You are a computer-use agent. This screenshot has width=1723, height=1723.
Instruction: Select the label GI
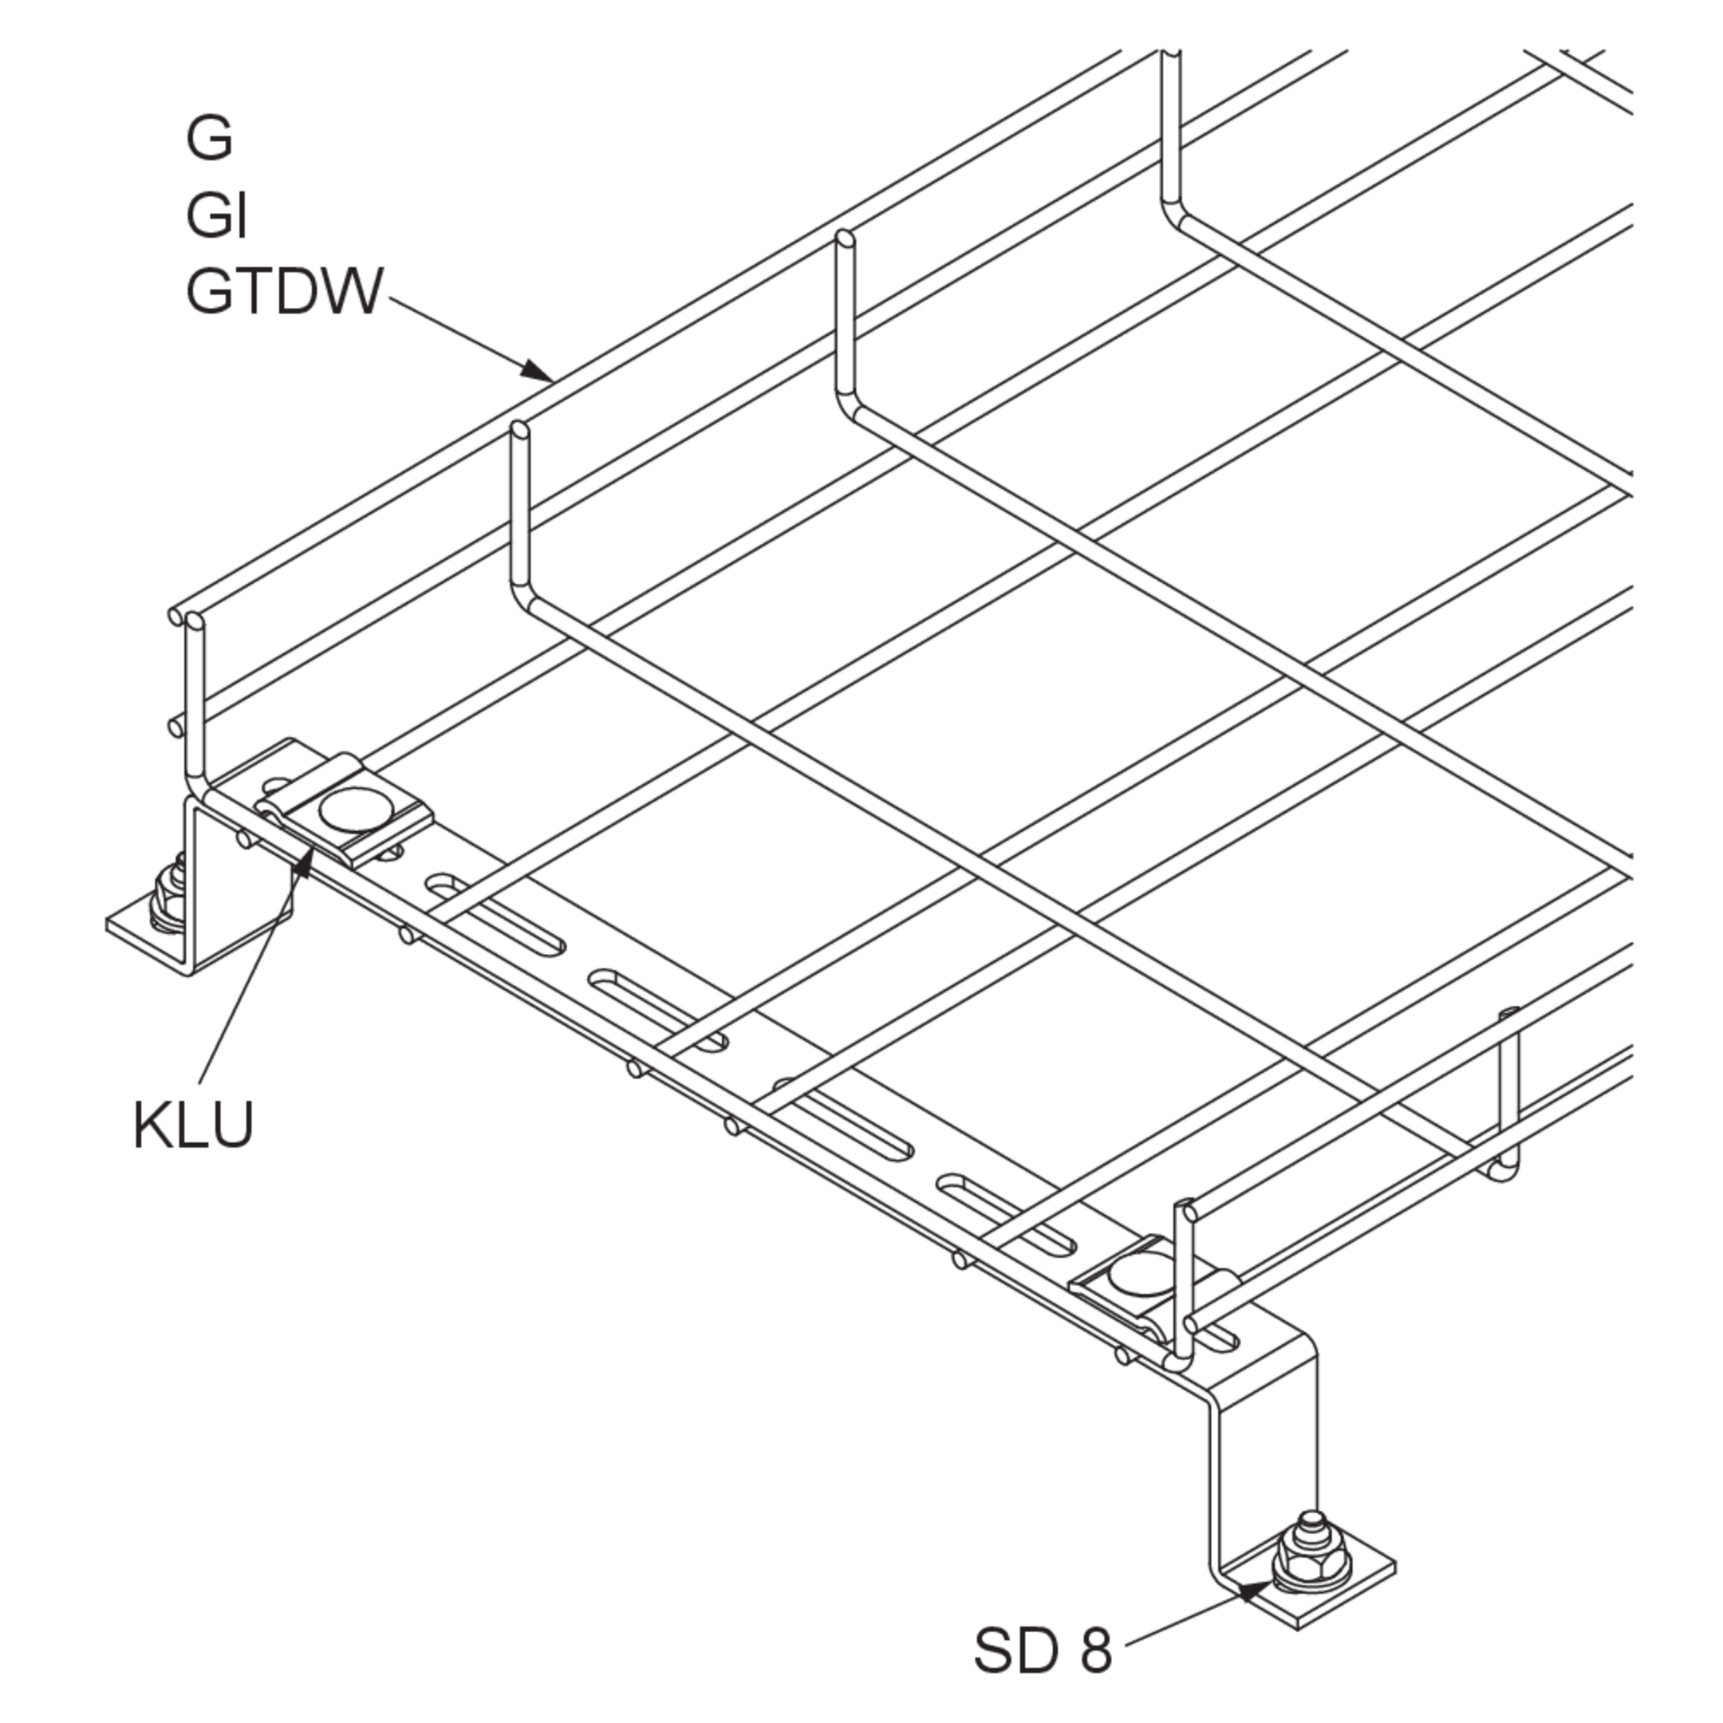click(216, 216)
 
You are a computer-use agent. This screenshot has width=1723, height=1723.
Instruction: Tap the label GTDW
click(285, 292)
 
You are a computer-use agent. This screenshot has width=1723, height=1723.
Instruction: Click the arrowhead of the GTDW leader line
click(537, 370)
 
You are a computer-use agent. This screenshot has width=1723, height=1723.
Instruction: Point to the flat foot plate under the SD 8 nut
click(1311, 1596)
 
